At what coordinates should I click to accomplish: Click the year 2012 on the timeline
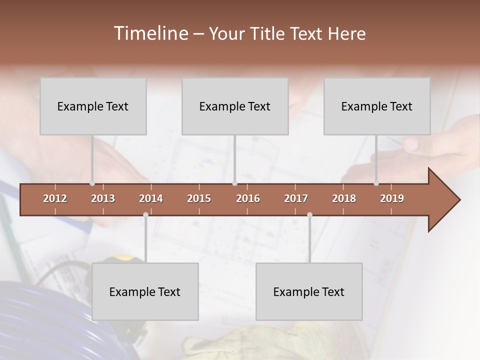[x=55, y=198]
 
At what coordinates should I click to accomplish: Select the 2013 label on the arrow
[x=103, y=198]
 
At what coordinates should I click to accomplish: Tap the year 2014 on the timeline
[x=151, y=198]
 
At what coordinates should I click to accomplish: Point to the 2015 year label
[x=199, y=198]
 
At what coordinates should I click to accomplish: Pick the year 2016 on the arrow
[x=248, y=198]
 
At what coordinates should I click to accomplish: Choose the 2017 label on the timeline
[x=296, y=198]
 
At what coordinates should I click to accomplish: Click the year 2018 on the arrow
[x=344, y=198]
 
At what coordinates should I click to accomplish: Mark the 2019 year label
[x=392, y=198]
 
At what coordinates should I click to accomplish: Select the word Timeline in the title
[x=150, y=33]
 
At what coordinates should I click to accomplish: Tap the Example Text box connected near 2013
[x=93, y=106]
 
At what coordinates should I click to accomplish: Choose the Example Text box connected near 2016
[x=235, y=106]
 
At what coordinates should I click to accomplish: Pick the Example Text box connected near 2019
[x=377, y=106]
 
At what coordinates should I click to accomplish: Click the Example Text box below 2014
[x=145, y=291]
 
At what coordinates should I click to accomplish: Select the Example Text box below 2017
[x=309, y=291]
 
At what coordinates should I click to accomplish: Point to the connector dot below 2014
[x=145, y=214]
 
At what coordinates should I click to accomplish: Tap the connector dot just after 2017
[x=309, y=214]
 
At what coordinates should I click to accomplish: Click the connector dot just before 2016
[x=234, y=183]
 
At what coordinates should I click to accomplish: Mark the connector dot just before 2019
[x=376, y=183]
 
